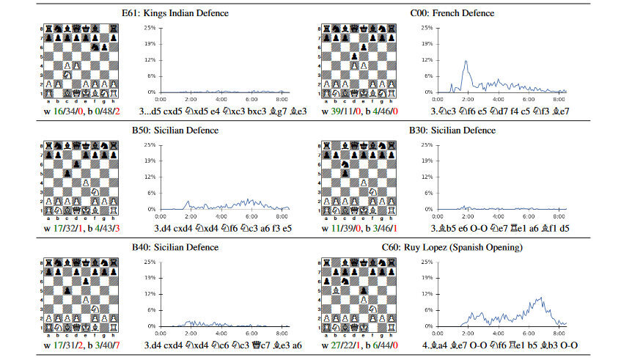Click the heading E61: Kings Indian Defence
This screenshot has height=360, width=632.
point(175,13)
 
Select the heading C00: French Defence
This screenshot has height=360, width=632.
point(452,13)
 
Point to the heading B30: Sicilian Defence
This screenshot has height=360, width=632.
point(452,131)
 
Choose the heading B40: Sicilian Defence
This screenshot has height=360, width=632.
point(175,247)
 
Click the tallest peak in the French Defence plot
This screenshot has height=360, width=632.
point(466,62)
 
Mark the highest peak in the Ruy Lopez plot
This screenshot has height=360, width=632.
point(540,298)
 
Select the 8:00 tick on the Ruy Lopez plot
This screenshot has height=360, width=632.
point(558,333)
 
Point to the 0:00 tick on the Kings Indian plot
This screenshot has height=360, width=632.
point(161,99)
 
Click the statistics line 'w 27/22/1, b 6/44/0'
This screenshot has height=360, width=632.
point(359,345)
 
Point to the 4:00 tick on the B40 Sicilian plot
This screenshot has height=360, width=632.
point(221,333)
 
